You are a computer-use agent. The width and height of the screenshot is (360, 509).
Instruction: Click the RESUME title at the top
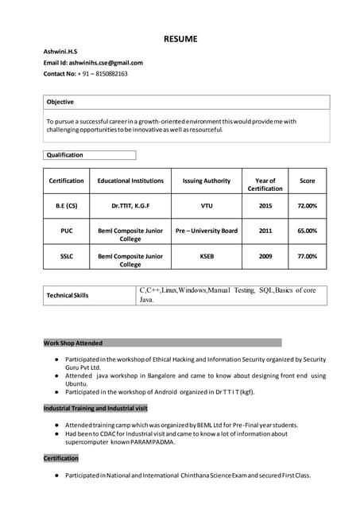pos(180,39)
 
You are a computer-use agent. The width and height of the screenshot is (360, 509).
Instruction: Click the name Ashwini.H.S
pos(60,52)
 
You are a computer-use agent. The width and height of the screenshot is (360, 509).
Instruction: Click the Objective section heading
pos(60,102)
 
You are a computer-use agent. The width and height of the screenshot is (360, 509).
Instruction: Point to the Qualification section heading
pos(65,155)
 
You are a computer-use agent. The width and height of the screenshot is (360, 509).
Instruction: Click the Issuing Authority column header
pos(206,181)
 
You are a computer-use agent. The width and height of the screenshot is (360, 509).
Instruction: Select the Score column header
pos(307,181)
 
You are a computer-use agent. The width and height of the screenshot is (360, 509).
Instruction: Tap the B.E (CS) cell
pos(66,205)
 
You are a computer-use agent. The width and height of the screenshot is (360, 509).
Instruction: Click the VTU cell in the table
pos(206,205)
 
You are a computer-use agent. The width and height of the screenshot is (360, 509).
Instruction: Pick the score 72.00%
pos(307,205)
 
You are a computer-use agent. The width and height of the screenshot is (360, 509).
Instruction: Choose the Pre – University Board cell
pos(206,231)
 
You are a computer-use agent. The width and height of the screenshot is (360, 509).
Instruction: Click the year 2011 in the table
pos(265,231)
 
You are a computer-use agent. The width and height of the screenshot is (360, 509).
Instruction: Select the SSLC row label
pos(66,256)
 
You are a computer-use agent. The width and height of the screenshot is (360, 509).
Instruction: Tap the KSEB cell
pos(206,256)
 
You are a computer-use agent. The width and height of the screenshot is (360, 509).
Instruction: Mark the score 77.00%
pos(307,256)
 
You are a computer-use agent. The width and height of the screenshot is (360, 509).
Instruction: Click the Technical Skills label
pos(68,295)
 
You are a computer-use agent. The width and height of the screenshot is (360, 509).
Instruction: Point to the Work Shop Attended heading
pos(73,343)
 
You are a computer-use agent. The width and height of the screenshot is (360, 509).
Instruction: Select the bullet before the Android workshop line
pos(56,391)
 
